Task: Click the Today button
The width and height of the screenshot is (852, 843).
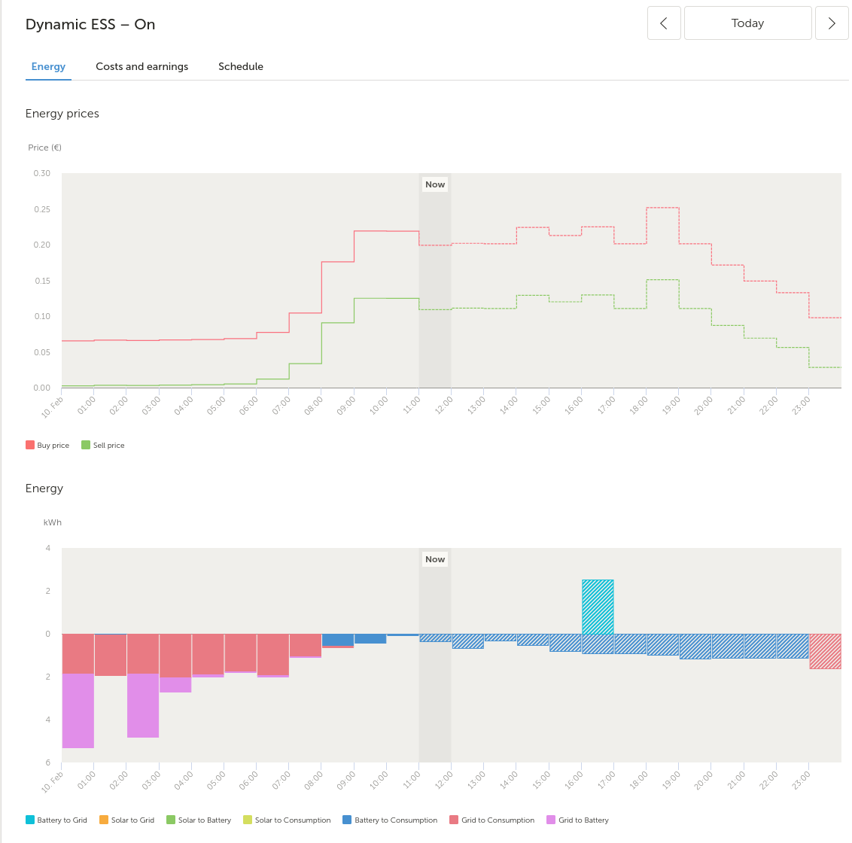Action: click(x=747, y=23)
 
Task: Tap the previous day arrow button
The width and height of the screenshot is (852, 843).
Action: click(x=664, y=23)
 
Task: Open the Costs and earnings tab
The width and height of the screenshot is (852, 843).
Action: click(x=141, y=66)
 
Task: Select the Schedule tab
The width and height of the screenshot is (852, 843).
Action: click(x=241, y=66)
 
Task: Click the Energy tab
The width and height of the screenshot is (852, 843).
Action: click(x=48, y=66)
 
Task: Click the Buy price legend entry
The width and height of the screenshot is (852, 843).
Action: click(x=48, y=445)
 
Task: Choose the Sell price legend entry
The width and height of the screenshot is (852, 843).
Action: click(x=102, y=445)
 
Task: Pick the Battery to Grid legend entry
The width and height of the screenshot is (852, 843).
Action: click(x=56, y=820)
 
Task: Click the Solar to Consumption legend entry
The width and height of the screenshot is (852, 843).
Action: click(x=287, y=820)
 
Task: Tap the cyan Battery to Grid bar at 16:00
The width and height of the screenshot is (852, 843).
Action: click(x=598, y=607)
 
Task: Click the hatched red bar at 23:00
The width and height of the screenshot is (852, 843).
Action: click(x=826, y=651)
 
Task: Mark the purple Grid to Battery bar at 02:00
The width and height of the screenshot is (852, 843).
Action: click(x=143, y=705)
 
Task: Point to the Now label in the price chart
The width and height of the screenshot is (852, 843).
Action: click(x=435, y=184)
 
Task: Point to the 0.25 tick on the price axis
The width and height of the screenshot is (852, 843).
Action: click(x=42, y=209)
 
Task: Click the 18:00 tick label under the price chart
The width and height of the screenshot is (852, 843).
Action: click(x=639, y=406)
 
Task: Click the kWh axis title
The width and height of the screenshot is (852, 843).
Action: click(x=53, y=522)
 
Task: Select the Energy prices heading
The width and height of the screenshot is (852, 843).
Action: click(x=62, y=114)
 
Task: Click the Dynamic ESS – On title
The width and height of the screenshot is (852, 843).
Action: click(x=90, y=24)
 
